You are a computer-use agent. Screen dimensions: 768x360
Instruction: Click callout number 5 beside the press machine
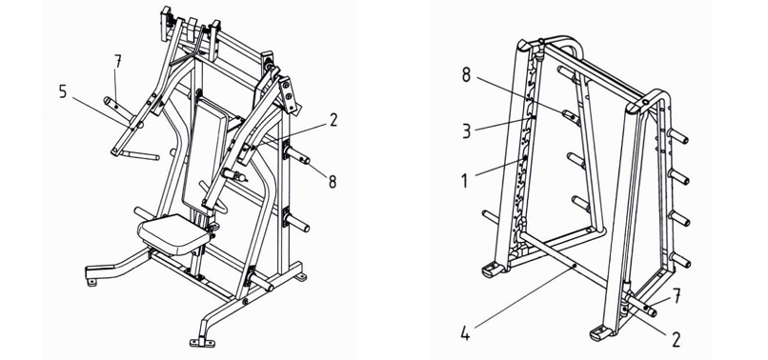click(x=63, y=91)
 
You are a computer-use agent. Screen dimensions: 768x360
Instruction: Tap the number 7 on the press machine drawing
click(x=117, y=63)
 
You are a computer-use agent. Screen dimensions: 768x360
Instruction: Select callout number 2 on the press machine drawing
click(x=333, y=120)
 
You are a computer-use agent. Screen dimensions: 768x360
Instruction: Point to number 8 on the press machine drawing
click(x=333, y=182)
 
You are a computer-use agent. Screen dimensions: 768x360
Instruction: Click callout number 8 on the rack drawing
click(x=466, y=75)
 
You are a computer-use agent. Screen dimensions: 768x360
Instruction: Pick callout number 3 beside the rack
click(x=466, y=131)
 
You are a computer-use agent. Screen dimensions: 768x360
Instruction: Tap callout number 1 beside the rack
click(x=465, y=181)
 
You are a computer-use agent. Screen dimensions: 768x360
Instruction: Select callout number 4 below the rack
click(x=465, y=334)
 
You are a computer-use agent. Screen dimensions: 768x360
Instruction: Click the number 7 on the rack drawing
click(x=677, y=296)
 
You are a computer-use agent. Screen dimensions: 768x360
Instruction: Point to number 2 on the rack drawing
click(x=676, y=339)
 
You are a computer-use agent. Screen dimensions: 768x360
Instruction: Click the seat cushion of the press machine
click(x=174, y=234)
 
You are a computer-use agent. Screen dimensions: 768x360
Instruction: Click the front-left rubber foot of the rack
click(x=493, y=270)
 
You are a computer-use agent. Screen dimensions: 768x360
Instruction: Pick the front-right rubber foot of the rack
click(x=602, y=334)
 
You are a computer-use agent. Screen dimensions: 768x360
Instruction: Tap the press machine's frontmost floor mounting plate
click(x=202, y=342)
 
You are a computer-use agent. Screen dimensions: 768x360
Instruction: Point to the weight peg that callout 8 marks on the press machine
click(x=298, y=156)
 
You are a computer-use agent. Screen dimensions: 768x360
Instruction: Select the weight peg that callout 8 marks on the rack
click(x=570, y=115)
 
